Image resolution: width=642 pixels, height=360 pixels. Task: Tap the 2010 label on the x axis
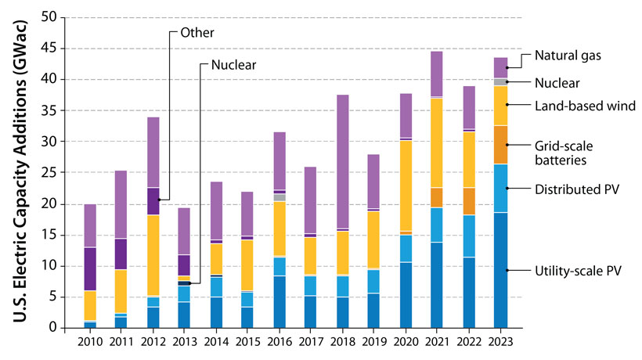pos(90,342)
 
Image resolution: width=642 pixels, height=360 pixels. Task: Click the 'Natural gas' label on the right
pos(567,56)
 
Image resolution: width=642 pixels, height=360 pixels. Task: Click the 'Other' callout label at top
pos(197,32)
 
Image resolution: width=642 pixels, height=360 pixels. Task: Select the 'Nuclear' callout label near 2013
pos(233,65)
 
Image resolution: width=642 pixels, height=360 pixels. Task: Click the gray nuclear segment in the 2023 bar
pos(500,81)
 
